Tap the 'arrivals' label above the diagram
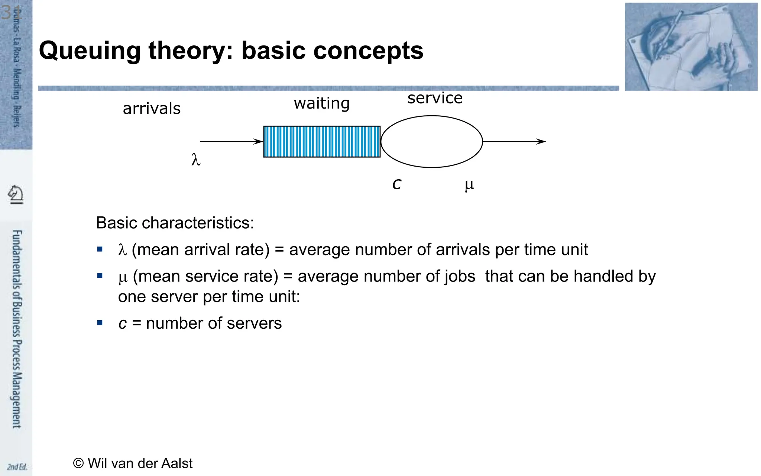coord(152,109)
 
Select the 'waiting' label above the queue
coord(321,103)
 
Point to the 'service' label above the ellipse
coord(435,98)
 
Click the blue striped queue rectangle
coord(322,142)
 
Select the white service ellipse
coord(431,142)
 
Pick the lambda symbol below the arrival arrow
coord(196,160)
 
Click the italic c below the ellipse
coord(397,184)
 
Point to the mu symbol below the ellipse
coord(469,184)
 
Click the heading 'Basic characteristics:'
coord(175,223)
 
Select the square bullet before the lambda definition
coord(100,249)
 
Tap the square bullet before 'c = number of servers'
coord(100,323)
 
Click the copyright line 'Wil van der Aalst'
coord(133,463)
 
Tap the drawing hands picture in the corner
coord(691,47)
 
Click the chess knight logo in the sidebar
coord(16,194)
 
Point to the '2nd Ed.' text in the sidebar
coord(17,467)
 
